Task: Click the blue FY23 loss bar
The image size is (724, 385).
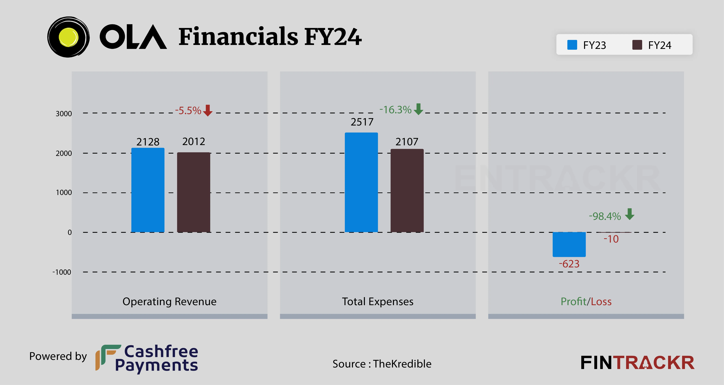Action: [x=569, y=244]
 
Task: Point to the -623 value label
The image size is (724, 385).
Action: [x=569, y=264]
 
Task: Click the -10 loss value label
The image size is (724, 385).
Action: [x=611, y=239]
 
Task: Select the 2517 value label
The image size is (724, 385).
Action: [x=362, y=122]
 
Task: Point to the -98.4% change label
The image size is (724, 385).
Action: [x=605, y=216]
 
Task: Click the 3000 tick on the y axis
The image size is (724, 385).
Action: [x=64, y=114]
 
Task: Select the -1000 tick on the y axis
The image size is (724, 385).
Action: [x=62, y=272]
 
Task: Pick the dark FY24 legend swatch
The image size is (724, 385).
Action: [x=637, y=45]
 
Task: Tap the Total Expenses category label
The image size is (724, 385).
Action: [x=377, y=301]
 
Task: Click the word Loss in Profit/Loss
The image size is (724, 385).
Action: [x=601, y=301]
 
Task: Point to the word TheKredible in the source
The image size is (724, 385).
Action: [x=402, y=364]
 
